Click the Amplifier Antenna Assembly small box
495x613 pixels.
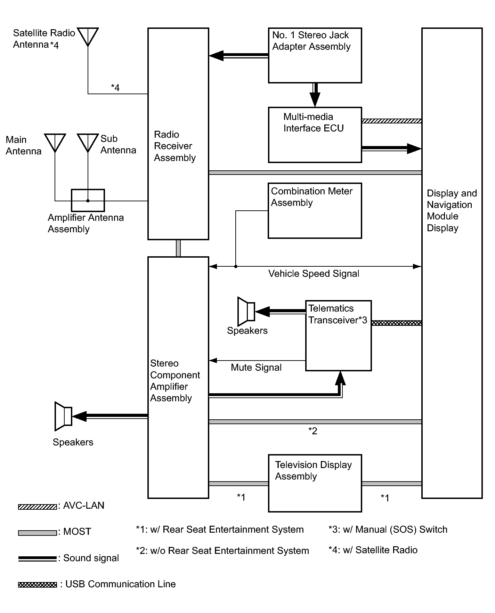click(x=88, y=200)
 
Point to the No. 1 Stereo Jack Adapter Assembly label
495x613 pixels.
click(x=311, y=41)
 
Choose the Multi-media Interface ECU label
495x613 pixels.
click(x=313, y=122)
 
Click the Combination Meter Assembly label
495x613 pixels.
click(x=311, y=197)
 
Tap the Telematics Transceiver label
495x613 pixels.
click(x=338, y=314)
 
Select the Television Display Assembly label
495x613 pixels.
click(x=313, y=470)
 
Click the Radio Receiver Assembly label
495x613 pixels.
click(x=175, y=146)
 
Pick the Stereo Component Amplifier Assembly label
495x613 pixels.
click(x=175, y=380)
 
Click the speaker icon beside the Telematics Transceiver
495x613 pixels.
click(x=246, y=311)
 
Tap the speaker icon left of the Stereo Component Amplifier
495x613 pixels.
click(x=63, y=416)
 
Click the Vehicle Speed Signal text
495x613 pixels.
click(x=314, y=274)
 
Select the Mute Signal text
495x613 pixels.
click(x=256, y=368)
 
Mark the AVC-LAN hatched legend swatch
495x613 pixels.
click(x=37, y=507)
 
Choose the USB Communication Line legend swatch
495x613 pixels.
click(x=37, y=585)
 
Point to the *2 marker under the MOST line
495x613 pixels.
click(x=313, y=431)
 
